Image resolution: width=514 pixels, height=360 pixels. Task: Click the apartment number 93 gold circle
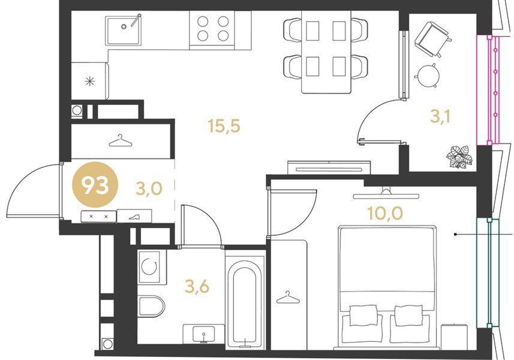point(95,185)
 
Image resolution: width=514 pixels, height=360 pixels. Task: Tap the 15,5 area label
point(224,126)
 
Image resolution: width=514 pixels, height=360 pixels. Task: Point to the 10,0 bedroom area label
point(385,213)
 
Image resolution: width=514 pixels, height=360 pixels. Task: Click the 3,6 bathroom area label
point(197,287)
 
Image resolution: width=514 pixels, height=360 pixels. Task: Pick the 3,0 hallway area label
point(149,188)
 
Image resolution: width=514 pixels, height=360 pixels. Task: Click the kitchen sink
point(124,30)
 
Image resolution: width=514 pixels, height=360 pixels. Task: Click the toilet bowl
point(151,306)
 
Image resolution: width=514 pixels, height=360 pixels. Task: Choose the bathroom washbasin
point(203,334)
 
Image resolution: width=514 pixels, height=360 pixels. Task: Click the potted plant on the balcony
point(459,157)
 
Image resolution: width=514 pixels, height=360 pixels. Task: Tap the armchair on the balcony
point(431,38)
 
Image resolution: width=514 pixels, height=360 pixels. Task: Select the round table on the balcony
point(428,76)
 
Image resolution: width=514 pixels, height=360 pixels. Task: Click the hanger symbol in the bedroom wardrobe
point(288,298)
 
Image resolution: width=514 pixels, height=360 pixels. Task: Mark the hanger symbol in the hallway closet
point(121,141)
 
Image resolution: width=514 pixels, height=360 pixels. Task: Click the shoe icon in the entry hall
point(134,217)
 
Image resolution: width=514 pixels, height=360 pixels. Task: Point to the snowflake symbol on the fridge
point(90,81)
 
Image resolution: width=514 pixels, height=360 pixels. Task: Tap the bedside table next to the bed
point(455,337)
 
